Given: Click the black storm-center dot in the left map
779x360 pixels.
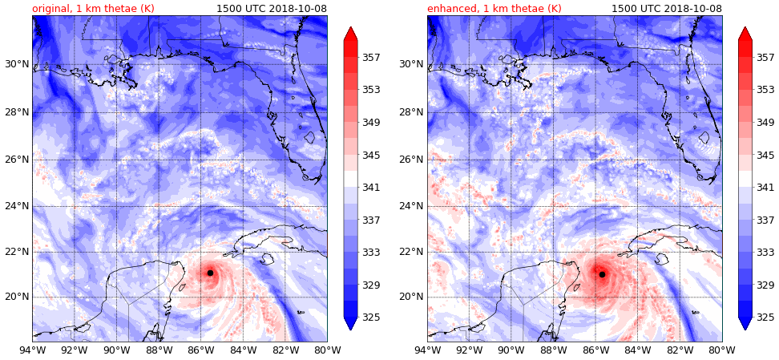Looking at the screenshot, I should (210, 273).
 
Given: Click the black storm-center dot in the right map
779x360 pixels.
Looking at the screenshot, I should (602, 274).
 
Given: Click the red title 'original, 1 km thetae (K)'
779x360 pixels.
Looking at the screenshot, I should (93, 9).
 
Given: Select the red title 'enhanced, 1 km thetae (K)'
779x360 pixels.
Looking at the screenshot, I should (494, 9).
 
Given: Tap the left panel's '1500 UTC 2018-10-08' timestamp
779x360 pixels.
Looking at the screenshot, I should (272, 9).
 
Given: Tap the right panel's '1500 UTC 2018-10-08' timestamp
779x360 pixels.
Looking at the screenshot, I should (667, 9).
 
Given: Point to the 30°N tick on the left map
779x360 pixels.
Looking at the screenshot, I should (15, 64).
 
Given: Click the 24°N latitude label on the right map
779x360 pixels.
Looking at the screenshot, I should (410, 206).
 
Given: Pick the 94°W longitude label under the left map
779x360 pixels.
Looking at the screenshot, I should (32, 350).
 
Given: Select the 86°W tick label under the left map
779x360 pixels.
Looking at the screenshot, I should (201, 350).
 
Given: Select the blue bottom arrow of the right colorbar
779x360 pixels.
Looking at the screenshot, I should (745, 323).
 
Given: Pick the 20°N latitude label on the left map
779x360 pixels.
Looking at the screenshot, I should (15, 297).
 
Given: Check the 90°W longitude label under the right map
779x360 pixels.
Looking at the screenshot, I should (511, 350).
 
